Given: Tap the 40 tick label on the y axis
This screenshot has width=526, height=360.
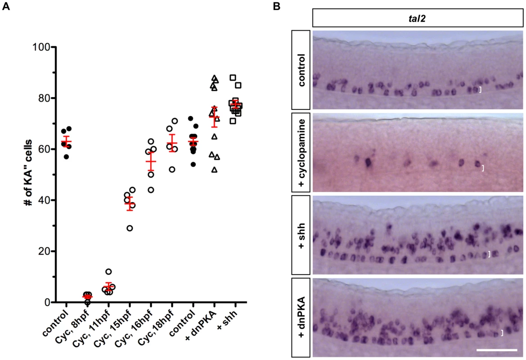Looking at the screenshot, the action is (x=43, y=200).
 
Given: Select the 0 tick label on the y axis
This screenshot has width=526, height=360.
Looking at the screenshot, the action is (x=47, y=302).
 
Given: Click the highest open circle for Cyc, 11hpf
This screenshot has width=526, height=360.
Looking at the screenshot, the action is (x=108, y=271).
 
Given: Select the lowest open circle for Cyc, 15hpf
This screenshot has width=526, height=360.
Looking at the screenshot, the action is (x=130, y=228).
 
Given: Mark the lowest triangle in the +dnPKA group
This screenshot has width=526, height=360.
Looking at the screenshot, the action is (x=214, y=170).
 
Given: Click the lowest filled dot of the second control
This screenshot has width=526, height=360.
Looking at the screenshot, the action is (x=193, y=164).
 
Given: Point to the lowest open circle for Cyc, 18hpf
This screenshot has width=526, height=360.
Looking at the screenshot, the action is (x=172, y=170).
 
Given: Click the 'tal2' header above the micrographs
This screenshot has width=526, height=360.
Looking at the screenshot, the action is (x=417, y=18).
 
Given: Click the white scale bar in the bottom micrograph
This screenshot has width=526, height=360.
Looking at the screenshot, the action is (x=496, y=350).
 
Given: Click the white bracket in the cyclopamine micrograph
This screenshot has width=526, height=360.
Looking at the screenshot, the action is (x=483, y=168).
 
